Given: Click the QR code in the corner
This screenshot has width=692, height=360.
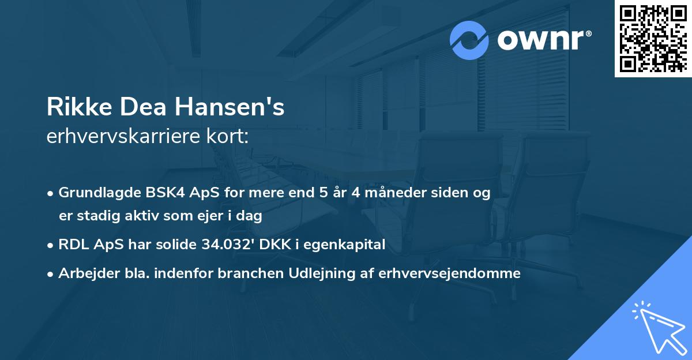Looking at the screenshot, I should [x=653, y=39].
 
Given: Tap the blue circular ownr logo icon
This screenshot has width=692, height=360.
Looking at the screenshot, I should [x=469, y=40].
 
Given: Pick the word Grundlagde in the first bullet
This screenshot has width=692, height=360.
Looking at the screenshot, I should [x=94, y=193].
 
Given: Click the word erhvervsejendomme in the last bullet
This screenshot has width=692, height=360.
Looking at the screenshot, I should [x=450, y=273].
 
